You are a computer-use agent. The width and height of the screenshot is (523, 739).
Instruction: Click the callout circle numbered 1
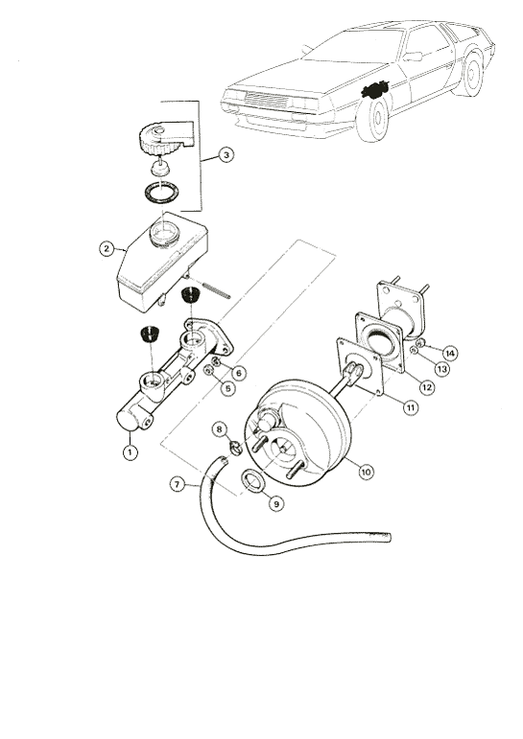click(130, 452)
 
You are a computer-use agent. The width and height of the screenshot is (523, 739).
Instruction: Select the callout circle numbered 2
click(107, 248)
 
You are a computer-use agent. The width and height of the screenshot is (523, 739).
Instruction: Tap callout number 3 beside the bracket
click(226, 155)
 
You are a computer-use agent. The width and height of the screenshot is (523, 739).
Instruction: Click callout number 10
click(367, 471)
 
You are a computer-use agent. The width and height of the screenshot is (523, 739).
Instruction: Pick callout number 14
click(450, 353)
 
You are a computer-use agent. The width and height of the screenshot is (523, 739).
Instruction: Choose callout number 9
click(276, 503)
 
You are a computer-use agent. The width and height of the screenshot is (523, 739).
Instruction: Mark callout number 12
click(427, 387)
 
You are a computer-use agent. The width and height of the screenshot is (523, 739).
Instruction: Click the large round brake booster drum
click(297, 438)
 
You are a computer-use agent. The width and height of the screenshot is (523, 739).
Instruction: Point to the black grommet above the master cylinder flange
click(191, 295)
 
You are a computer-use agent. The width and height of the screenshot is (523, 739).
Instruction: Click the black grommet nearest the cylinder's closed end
click(151, 334)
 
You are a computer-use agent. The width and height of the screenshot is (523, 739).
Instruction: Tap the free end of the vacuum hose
click(390, 537)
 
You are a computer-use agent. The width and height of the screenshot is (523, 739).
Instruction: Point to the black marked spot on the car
click(374, 89)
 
